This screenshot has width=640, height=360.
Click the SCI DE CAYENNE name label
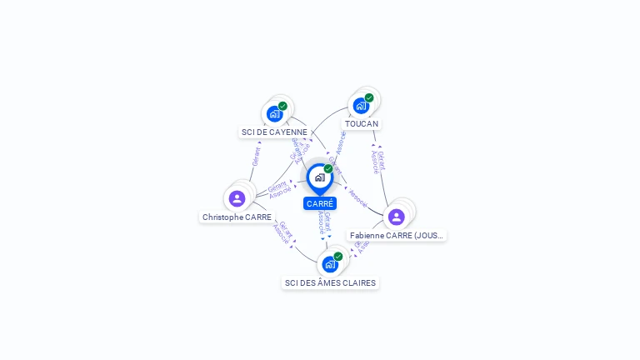pyautogui.click(x=274, y=132)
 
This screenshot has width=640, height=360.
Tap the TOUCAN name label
pyautogui.click(x=362, y=123)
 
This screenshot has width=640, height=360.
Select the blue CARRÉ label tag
pyautogui.click(x=320, y=203)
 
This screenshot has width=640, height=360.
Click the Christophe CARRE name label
pyautogui.click(x=237, y=217)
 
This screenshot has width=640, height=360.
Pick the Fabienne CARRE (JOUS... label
pyautogui.click(x=397, y=236)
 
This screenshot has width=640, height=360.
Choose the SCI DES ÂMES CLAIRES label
pyautogui.click(x=330, y=282)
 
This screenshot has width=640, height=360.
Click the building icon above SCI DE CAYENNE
pyautogui.click(x=274, y=114)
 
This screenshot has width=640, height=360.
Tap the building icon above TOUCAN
pyautogui.click(x=361, y=106)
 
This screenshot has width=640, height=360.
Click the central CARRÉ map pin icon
pyautogui.click(x=319, y=177)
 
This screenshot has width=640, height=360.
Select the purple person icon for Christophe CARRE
pyautogui.click(x=237, y=198)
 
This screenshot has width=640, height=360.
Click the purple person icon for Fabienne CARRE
pyautogui.click(x=396, y=217)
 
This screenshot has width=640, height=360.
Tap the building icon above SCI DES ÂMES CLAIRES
pyautogui.click(x=330, y=264)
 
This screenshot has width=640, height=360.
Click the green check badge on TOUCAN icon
pyautogui.click(x=369, y=97)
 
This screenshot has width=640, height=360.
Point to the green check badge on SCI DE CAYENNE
pyautogui.click(x=282, y=106)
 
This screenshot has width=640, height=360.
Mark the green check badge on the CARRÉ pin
pyautogui.click(x=328, y=169)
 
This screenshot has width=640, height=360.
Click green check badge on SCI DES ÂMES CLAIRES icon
pyautogui.click(x=338, y=257)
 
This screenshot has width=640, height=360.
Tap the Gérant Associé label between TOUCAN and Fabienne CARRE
pyautogui.click(x=377, y=161)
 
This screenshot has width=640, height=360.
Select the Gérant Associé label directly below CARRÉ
pyautogui.click(x=325, y=222)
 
